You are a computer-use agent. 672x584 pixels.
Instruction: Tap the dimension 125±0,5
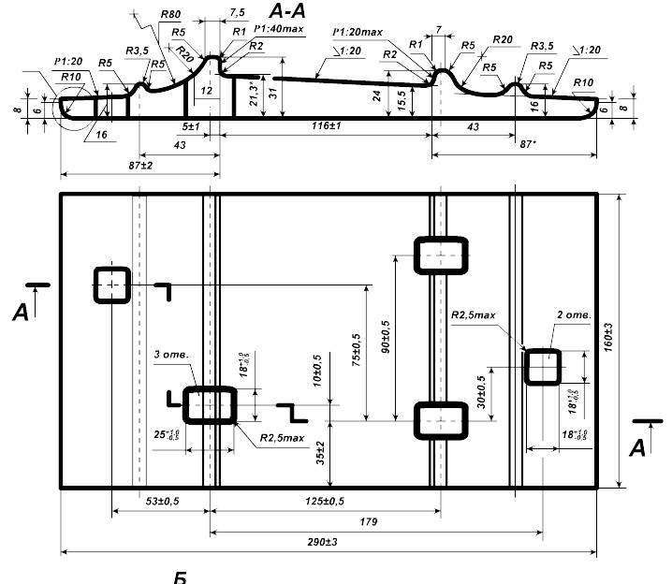[x=325, y=502]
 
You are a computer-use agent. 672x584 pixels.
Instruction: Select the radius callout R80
[x=170, y=16]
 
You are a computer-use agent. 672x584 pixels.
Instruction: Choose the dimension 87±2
[x=138, y=166]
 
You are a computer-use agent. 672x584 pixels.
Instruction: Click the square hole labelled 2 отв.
[x=542, y=367]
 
